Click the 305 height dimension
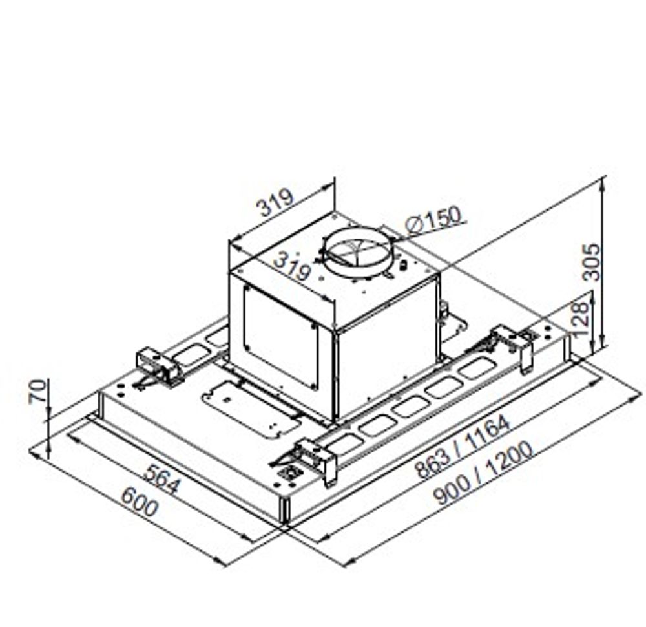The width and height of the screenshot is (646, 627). [592, 261]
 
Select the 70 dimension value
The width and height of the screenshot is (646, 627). [38, 391]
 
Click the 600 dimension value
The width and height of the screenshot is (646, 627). [139, 502]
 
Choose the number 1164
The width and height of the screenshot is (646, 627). [488, 432]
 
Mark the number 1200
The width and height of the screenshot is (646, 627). [510, 460]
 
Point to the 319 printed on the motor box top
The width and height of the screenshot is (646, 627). [291, 266]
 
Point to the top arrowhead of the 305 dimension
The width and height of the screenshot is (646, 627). [602, 182]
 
